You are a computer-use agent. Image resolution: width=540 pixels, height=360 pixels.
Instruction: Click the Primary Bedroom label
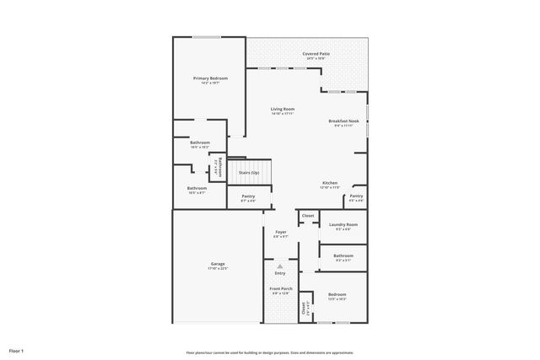[209, 78]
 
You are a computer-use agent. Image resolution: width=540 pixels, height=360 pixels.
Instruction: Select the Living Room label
[282, 110]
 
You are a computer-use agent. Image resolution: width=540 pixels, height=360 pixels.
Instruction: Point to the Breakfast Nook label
[343, 121]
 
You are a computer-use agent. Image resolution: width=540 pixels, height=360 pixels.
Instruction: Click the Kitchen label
[329, 183]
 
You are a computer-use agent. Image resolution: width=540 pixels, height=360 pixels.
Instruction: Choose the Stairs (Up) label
[248, 172]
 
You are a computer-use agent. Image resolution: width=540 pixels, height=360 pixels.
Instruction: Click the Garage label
[217, 264]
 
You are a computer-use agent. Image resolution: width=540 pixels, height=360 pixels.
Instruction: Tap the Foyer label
[280, 232]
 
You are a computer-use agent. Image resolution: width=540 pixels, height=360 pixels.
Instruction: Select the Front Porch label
[280, 288]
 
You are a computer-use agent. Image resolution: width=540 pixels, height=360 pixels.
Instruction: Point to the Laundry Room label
[343, 224]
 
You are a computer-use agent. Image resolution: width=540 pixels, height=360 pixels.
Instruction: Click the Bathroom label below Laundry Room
[343, 255]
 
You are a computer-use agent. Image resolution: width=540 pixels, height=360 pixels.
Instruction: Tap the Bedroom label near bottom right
[337, 294]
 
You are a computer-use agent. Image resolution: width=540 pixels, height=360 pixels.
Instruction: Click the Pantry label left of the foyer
[248, 196]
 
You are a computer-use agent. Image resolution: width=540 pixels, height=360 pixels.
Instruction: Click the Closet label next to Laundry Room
[308, 216]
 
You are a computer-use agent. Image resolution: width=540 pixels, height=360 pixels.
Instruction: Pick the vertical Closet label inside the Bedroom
[305, 309]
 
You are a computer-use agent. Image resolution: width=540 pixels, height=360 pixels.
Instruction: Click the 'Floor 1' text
[17, 350]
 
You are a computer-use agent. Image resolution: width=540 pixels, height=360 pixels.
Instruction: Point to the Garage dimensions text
[217, 269]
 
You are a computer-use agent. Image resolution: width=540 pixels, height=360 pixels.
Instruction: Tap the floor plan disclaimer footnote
[270, 352]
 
